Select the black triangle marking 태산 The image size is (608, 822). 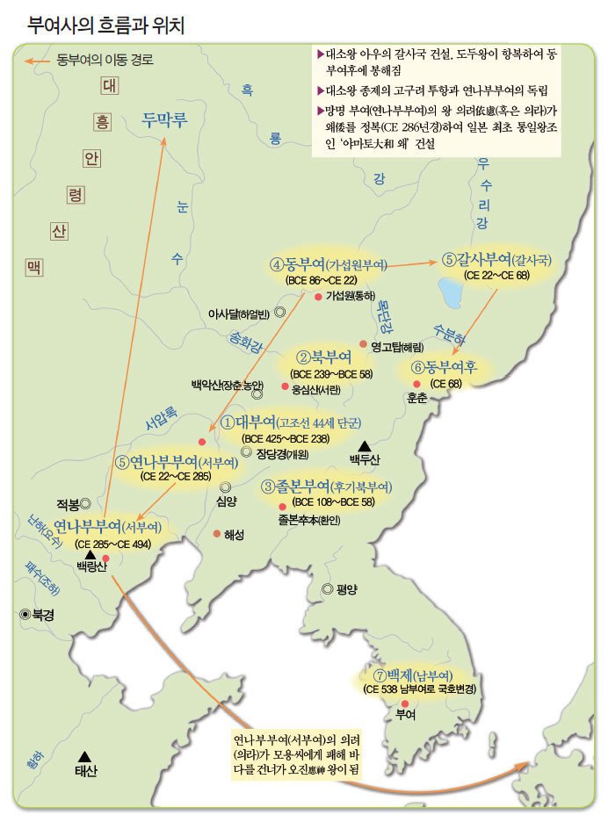point(84,755)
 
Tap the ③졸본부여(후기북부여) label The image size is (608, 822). point(327,487)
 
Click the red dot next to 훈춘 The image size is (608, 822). point(416,384)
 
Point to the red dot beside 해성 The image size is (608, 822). point(217,534)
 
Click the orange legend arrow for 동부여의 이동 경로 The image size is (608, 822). point(37,61)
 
